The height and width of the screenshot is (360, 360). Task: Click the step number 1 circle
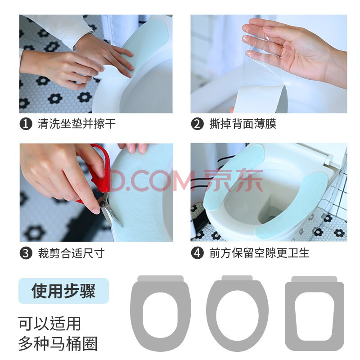(26, 124)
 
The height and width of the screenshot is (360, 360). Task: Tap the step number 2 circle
(197, 124)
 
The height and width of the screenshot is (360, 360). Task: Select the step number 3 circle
(26, 253)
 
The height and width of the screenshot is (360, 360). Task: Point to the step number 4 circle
(197, 253)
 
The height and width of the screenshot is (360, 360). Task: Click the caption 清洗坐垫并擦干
(76, 124)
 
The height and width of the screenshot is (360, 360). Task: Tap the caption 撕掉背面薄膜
(243, 124)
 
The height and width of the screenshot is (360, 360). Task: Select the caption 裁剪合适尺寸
(72, 253)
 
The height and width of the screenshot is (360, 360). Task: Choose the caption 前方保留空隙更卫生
(260, 253)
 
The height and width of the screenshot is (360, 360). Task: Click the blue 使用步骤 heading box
(63, 291)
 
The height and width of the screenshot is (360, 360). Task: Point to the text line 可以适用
(49, 324)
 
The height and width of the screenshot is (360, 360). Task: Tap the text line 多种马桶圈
(58, 343)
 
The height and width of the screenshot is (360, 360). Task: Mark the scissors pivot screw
(102, 204)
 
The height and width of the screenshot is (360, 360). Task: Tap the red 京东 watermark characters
(234, 180)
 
